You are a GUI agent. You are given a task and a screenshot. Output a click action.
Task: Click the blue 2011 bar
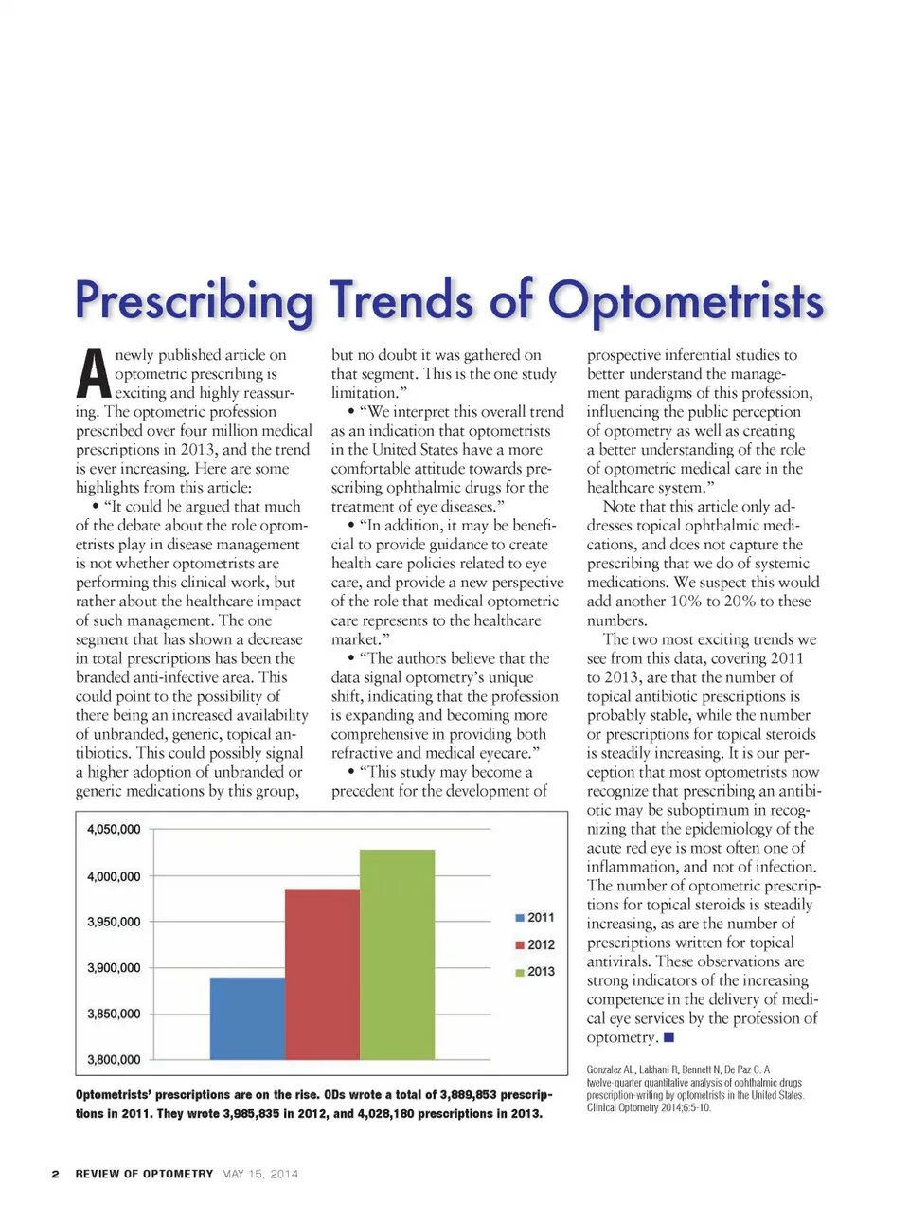coord(247,1018)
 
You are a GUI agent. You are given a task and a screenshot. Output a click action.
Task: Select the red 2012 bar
coord(322,974)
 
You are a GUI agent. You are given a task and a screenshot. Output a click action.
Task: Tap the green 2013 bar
coord(397,954)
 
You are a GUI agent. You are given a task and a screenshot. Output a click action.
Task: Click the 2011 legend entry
coord(535,917)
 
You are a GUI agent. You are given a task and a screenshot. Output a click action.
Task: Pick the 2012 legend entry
coord(535,944)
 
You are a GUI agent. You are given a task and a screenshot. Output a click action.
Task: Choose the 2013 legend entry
coord(535,971)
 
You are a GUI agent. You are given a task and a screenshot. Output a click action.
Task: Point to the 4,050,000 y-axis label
coord(114,829)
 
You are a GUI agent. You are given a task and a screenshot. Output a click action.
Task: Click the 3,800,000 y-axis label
coord(114,1059)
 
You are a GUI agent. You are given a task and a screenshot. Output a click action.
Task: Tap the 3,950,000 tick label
coord(114,922)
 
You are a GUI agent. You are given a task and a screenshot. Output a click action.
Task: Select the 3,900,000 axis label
coord(114,967)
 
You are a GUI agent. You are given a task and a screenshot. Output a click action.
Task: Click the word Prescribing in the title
coord(193,301)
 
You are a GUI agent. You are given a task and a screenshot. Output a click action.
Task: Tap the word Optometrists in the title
coord(686,301)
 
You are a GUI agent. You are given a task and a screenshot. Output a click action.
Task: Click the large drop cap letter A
coord(93,374)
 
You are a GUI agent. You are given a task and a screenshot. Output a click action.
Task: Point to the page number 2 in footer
coord(55,1174)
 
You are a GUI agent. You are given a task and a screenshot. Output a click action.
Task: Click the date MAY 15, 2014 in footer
coord(259,1174)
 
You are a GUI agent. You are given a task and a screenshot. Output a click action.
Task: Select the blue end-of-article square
coord(668,1037)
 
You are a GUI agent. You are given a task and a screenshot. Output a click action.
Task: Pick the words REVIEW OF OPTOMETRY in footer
coord(144,1174)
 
